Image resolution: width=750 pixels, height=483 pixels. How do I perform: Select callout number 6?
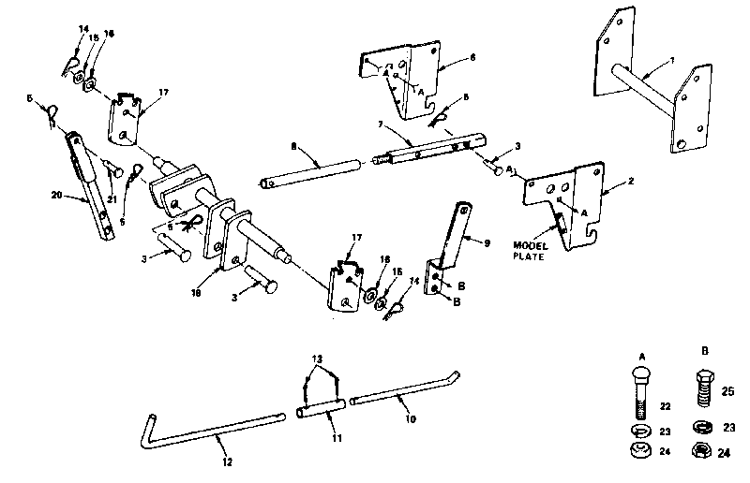click(472, 58)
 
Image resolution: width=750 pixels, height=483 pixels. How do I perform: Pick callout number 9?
click(487, 241)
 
